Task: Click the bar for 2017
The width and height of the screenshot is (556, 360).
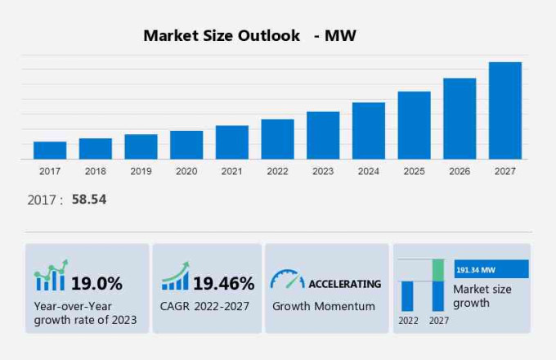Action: [x=50, y=150]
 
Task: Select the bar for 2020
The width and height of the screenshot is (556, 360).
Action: [x=186, y=145]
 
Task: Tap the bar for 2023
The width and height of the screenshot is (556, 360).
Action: [x=323, y=135]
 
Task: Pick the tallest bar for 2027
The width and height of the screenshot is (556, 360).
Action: [x=505, y=110]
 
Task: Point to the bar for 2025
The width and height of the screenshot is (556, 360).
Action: [x=414, y=125]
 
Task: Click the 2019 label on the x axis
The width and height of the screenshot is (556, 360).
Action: [x=141, y=172]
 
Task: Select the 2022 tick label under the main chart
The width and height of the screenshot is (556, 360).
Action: [x=277, y=172]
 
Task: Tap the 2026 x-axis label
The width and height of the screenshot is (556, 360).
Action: [x=460, y=172]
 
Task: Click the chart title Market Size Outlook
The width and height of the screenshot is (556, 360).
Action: [x=222, y=36]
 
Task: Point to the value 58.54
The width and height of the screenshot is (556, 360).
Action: [x=89, y=200]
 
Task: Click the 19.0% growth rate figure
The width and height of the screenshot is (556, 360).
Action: [x=96, y=284]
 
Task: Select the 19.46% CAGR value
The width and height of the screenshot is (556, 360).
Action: [x=223, y=284]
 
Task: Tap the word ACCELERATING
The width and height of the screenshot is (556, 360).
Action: [x=344, y=284]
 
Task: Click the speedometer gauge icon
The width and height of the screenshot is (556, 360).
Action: [x=287, y=280]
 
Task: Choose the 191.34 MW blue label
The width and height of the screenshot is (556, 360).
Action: [x=491, y=269]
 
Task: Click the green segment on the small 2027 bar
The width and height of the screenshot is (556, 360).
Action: [x=438, y=270]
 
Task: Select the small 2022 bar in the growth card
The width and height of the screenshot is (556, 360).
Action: [x=407, y=295]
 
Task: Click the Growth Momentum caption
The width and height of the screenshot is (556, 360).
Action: [x=324, y=306]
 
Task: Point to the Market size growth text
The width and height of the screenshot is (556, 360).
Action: [x=482, y=296]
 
